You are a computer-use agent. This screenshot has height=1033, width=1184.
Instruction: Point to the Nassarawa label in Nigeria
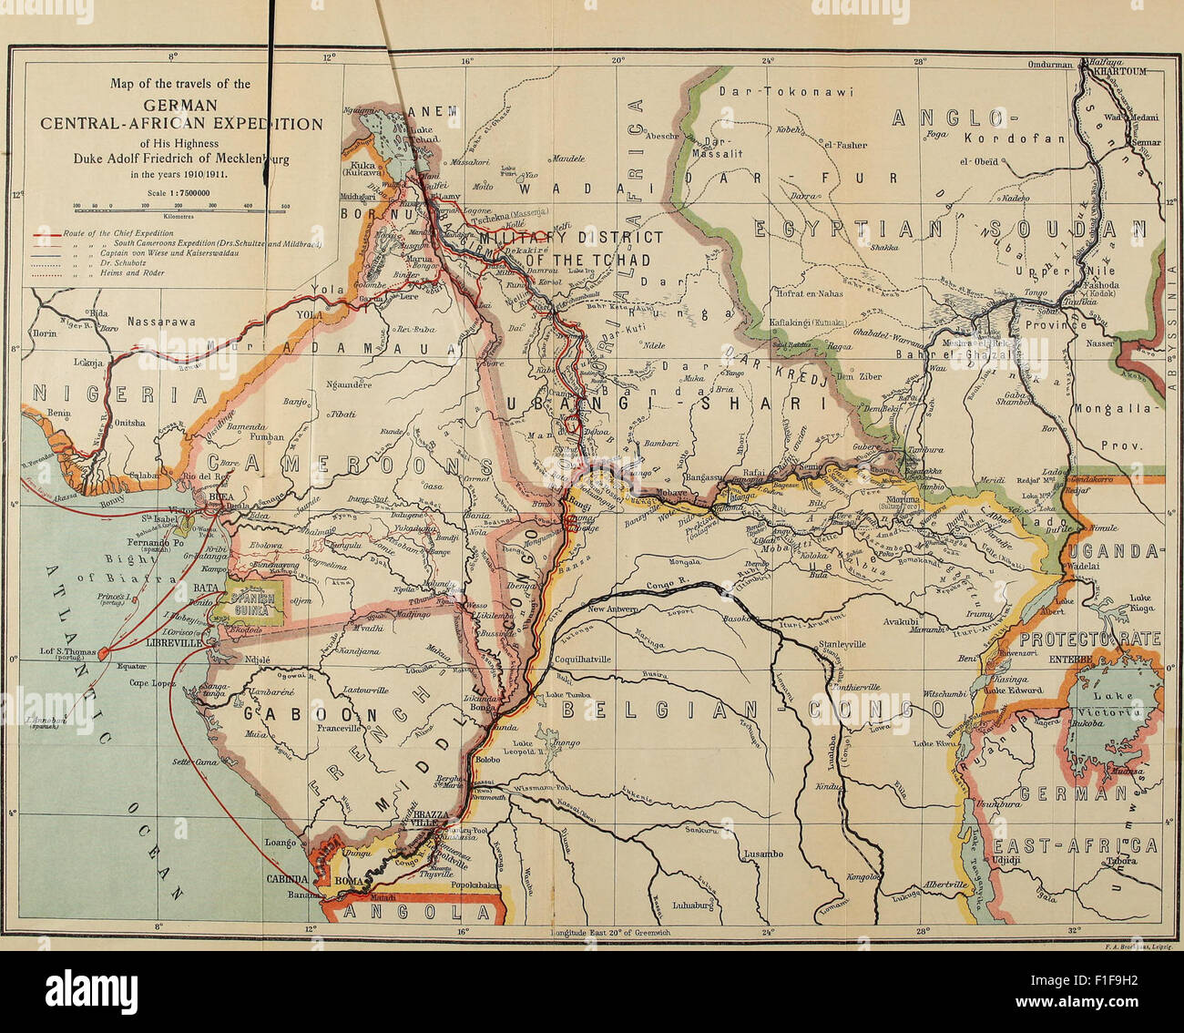[x=160, y=321]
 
